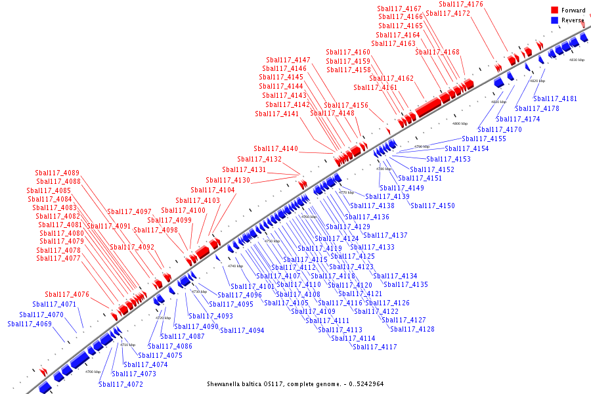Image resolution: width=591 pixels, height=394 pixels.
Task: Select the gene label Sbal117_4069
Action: [x=30, y=324]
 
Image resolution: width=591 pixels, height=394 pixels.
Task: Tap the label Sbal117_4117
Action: [x=374, y=347]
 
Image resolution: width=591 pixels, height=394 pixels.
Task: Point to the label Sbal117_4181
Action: [x=556, y=99]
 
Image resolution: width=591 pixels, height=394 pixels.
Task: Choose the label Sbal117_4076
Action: [x=67, y=294]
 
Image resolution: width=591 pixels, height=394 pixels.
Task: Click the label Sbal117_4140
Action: [x=276, y=148]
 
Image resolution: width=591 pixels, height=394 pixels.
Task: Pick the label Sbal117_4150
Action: [x=433, y=206]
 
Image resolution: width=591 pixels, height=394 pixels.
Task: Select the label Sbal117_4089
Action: [x=57, y=173]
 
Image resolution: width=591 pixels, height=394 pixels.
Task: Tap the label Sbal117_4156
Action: [x=346, y=106]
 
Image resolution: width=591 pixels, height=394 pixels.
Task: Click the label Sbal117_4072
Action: [x=121, y=384]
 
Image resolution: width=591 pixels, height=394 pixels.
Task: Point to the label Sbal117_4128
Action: [x=412, y=329]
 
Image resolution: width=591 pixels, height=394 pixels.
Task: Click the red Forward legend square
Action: [x=555, y=11]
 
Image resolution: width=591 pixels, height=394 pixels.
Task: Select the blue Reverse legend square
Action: [x=555, y=20]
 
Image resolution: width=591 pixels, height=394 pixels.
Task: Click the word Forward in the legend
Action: [x=573, y=11]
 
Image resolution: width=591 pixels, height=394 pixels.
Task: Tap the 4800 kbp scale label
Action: [x=460, y=123]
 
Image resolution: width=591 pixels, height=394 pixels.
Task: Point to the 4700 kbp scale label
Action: [x=93, y=372]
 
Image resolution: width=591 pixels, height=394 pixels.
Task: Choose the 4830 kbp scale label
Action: [x=576, y=60]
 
